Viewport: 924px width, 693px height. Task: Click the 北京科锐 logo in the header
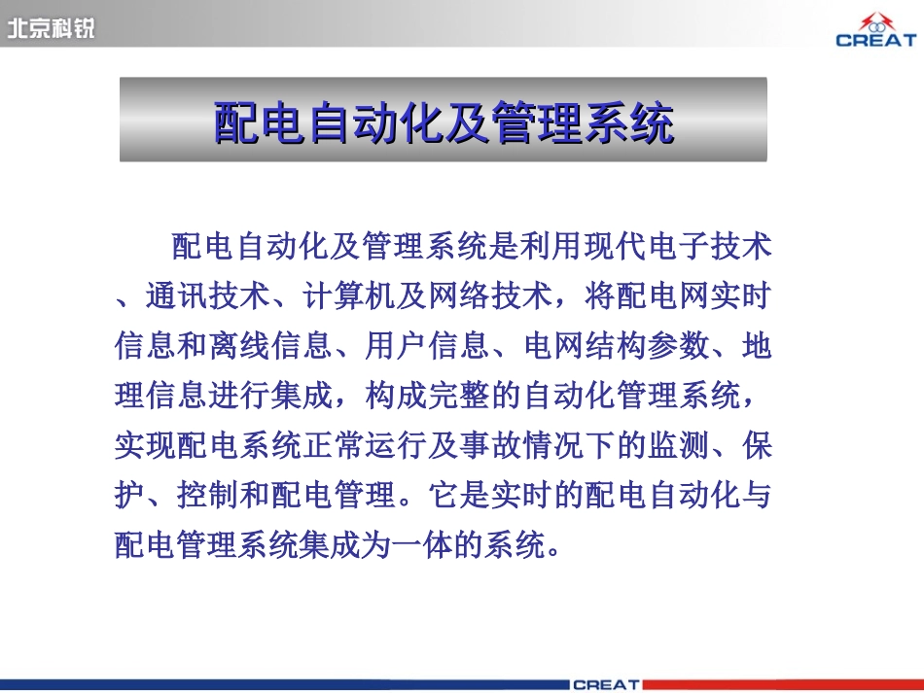(51, 29)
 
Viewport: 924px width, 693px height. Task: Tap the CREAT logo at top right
(875, 30)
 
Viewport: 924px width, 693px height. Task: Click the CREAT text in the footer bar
(605, 684)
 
